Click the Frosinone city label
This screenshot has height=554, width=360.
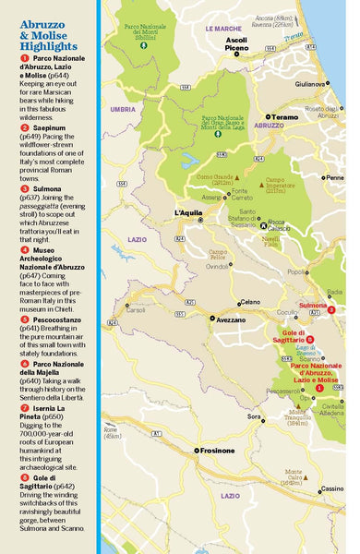click(215, 451)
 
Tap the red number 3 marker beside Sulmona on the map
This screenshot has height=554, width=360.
click(330, 309)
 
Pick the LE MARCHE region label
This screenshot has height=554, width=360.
click(222, 29)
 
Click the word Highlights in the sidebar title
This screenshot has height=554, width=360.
click(46, 45)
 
